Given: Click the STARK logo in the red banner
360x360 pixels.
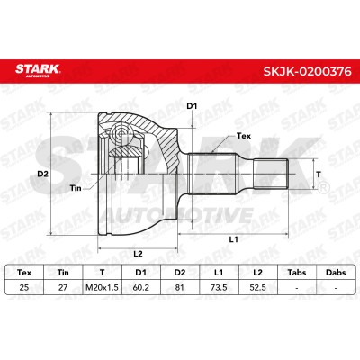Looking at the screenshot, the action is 38,70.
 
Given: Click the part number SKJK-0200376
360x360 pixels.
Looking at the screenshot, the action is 308,71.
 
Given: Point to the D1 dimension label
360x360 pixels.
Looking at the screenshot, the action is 192,106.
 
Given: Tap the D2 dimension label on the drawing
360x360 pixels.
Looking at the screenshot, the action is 42,174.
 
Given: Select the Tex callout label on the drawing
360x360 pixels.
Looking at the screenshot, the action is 244,136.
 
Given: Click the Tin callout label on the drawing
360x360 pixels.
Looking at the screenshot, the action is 76,188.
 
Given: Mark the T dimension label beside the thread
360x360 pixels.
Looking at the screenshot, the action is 319,174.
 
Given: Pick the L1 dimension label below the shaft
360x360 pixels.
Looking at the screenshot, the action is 233,239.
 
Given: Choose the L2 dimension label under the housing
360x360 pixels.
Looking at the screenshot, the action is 138,254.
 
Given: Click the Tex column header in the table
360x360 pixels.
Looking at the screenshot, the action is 24,273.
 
